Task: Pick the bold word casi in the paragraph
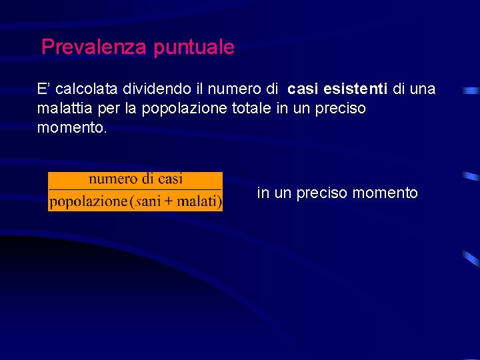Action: (x=304, y=89)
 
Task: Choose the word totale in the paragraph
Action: (x=253, y=108)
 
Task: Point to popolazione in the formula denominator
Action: (x=88, y=201)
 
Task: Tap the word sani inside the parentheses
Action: (x=148, y=201)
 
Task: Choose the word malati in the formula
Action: (x=199, y=201)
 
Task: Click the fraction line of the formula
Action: (x=135, y=190)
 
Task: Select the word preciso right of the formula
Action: (x=322, y=193)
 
